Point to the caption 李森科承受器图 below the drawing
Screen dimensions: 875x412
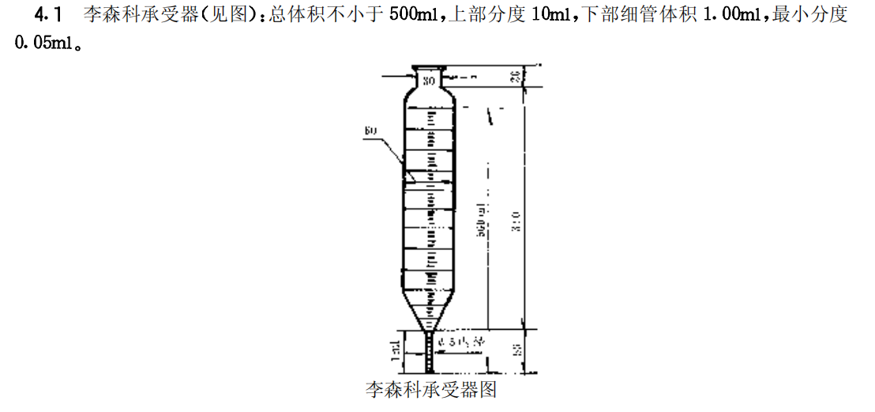pyautogui.click(x=430, y=389)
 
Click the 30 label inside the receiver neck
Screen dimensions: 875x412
pyautogui.click(x=429, y=80)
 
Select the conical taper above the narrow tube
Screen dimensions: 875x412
pyautogui.click(x=430, y=312)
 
